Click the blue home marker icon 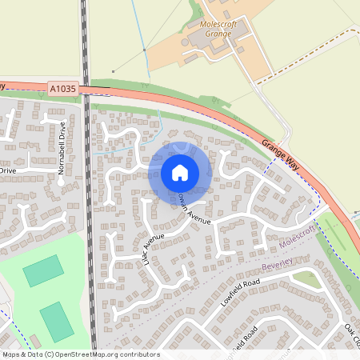pyautogui.click(x=180, y=172)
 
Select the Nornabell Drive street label pyautogui.click(x=62, y=144)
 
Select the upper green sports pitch pyautogui.click(x=42, y=270)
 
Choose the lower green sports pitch pyautogui.click(x=56, y=320)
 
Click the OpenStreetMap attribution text pyautogui.click(x=81, y=354)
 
